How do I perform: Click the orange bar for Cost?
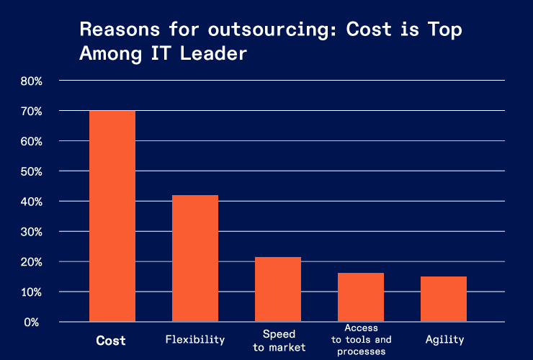click(x=112, y=216)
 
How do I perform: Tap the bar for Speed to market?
click(x=277, y=289)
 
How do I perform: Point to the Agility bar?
click(x=444, y=299)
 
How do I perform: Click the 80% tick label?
click(x=32, y=81)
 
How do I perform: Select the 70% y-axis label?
click(x=32, y=112)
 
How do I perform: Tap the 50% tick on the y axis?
click(x=32, y=172)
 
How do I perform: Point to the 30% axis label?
click(x=32, y=232)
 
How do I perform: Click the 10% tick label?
click(x=32, y=292)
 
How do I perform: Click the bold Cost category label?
click(x=111, y=341)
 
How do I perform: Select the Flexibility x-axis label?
click(x=194, y=340)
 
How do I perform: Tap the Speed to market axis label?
click(x=278, y=341)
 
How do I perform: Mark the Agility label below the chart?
click(x=444, y=340)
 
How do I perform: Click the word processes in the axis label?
click(x=361, y=351)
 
